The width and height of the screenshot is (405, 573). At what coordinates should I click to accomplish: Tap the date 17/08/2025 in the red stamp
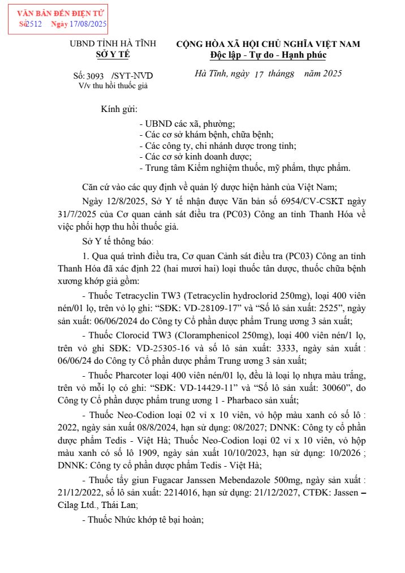coord(88,24)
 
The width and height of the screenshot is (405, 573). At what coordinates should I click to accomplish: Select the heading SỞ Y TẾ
coord(113,54)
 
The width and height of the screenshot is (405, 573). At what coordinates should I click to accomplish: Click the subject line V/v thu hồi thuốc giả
coord(113,85)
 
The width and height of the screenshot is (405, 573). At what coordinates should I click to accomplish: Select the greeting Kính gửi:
coord(119,109)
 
